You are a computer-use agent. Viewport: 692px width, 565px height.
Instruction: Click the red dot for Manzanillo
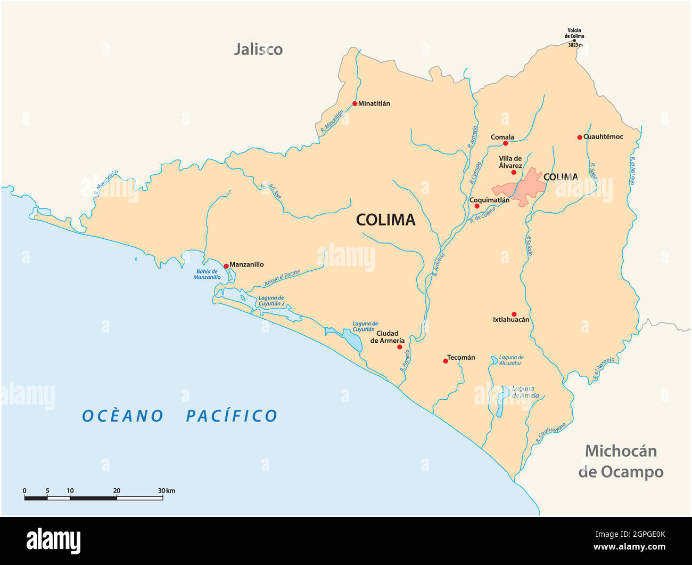(226, 265)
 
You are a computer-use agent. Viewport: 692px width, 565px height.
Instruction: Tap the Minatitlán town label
(374, 103)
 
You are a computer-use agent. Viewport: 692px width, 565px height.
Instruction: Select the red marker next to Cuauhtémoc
(580, 137)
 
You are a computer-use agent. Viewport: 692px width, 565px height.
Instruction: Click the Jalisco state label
(258, 50)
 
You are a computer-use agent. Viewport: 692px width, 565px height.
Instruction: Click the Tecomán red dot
(446, 361)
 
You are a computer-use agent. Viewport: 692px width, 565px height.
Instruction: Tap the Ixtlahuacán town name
(511, 320)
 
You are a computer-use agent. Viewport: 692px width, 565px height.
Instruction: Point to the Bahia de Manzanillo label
(207, 274)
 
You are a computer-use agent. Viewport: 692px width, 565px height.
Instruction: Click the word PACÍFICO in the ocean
(232, 416)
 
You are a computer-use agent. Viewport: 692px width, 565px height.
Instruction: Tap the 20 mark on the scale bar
(117, 491)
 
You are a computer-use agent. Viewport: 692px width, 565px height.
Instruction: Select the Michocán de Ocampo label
(621, 461)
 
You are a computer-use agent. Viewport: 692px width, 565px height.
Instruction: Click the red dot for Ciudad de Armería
(399, 347)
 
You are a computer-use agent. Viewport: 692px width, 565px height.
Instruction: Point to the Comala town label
(502, 137)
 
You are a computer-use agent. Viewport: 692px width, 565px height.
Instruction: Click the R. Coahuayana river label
(550, 433)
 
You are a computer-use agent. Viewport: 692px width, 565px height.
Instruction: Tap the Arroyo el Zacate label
(282, 278)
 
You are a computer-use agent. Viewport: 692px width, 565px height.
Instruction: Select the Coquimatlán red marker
(477, 206)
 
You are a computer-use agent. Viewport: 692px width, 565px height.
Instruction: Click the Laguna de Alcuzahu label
(511, 360)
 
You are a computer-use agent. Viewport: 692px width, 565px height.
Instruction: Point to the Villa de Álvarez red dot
(514, 172)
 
